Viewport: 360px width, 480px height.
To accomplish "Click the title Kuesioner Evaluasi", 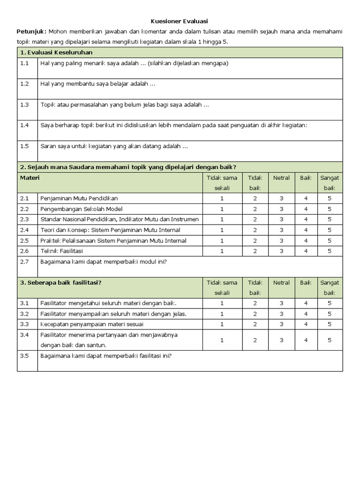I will (180, 21).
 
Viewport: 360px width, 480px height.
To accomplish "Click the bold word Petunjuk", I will (31, 31).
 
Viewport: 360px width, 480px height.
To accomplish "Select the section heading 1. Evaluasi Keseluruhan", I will (56, 52).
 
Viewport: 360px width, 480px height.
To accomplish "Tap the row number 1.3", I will (24, 105).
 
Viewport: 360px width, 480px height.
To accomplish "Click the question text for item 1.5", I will (114, 146).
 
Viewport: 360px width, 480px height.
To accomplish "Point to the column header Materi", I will (30, 178).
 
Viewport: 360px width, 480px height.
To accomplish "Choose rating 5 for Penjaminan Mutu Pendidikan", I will (330, 198).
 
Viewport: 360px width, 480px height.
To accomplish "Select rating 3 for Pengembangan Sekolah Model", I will (281, 209).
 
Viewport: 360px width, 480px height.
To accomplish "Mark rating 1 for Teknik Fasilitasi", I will (222, 251).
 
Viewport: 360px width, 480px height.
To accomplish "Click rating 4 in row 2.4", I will (306, 230).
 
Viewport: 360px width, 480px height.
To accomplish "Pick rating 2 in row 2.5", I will (255, 240).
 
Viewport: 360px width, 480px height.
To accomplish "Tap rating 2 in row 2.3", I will (255, 219).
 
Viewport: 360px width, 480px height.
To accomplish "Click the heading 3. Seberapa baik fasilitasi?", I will (61, 283).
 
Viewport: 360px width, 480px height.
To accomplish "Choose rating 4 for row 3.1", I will (306, 303).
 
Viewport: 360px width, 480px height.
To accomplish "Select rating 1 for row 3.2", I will (222, 314).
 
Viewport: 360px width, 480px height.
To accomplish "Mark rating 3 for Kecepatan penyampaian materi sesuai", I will (281, 324).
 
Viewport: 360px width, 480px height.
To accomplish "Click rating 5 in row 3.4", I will (330, 340).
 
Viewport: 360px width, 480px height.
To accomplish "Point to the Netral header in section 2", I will (281, 178).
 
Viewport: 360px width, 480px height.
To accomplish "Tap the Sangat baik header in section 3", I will (330, 287).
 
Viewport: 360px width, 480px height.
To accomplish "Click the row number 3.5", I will (24, 356).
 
